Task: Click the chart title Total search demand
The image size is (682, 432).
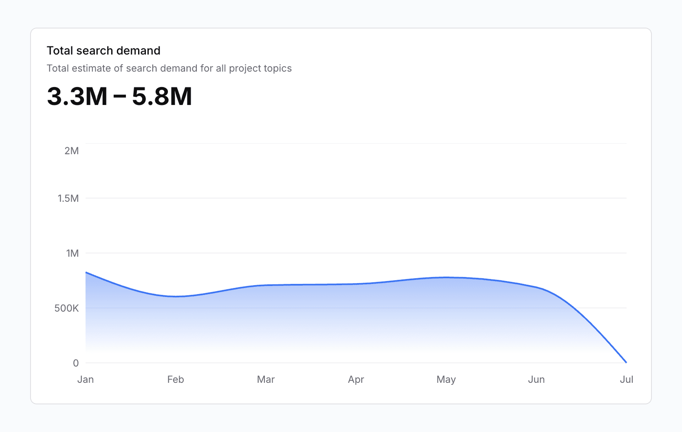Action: tap(103, 50)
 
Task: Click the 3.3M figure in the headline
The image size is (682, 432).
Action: tap(77, 96)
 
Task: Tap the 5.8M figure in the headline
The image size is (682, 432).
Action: tap(162, 96)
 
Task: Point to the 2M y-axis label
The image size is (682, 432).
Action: tap(72, 151)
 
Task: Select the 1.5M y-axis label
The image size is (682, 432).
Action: tap(68, 199)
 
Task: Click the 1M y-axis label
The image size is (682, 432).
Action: tap(73, 253)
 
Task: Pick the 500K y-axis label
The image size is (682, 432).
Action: tap(66, 308)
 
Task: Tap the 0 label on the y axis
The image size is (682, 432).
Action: tap(76, 363)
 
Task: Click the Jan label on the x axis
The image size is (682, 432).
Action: tap(86, 380)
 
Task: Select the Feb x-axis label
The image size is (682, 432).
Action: tap(176, 380)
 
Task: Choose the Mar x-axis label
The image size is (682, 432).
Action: tap(266, 380)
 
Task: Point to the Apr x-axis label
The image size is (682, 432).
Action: tap(356, 380)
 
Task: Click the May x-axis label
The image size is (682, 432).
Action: tap(446, 380)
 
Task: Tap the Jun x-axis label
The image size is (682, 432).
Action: tap(536, 380)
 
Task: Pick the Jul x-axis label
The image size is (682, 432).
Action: tap(626, 380)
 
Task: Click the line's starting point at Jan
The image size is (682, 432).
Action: tap(86, 273)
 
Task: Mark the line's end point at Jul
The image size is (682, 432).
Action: tap(626, 362)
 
